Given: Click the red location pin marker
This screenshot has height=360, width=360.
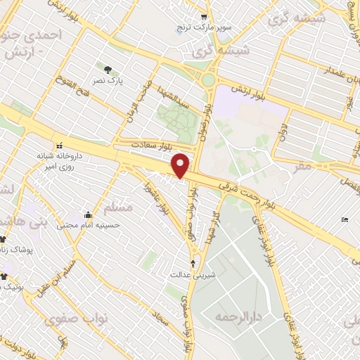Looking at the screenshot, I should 181,165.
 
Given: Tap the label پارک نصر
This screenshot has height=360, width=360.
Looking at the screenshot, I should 111,81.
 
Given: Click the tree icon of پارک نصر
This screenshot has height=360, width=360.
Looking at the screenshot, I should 108,70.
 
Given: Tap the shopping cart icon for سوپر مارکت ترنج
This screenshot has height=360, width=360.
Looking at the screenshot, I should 204,17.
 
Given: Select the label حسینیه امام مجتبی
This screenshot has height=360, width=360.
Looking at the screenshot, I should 89,225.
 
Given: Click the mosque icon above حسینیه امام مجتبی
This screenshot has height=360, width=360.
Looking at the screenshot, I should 88,215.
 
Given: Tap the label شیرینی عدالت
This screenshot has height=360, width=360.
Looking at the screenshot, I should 199,274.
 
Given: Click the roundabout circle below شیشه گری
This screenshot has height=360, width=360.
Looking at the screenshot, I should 208,80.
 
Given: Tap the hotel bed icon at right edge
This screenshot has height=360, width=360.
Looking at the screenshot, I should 344,220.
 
